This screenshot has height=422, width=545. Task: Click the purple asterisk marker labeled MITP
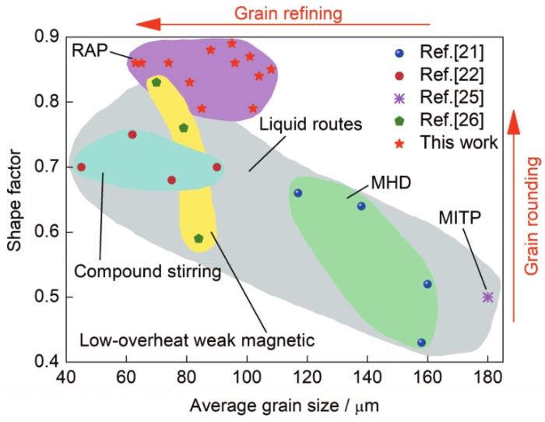coord(487,297)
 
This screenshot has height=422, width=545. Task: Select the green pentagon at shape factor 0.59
coord(199,238)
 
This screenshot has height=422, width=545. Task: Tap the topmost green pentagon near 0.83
coord(156,83)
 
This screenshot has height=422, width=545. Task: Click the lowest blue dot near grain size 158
coord(421,343)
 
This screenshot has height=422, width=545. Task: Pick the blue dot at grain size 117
coord(298,193)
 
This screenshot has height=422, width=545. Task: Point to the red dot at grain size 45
coord(81,167)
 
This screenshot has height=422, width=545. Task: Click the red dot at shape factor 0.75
coord(132,135)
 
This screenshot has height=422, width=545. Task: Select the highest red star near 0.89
coord(232,44)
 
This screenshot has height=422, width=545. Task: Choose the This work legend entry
coord(447,142)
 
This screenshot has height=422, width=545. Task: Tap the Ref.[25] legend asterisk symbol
coord(399,98)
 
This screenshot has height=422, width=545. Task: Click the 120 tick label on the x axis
coord(307,377)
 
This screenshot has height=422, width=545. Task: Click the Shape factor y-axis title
coord(14,200)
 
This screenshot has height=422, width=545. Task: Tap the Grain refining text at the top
coord(289,13)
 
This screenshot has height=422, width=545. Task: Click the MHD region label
coord(391,183)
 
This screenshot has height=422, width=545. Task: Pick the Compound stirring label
coord(148,272)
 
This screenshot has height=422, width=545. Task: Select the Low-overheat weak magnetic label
coord(197,340)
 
